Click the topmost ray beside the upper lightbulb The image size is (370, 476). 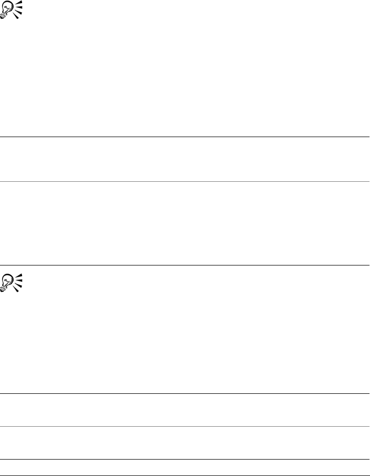[20, 3]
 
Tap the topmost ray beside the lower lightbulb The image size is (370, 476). [20, 274]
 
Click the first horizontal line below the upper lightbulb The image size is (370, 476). [185, 137]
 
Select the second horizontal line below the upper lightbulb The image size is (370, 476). [185, 181]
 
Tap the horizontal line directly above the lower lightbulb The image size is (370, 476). [185, 265]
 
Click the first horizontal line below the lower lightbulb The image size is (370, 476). [185, 394]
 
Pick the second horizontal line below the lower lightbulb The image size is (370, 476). [185, 426]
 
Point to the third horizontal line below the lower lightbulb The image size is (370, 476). [185, 459]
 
